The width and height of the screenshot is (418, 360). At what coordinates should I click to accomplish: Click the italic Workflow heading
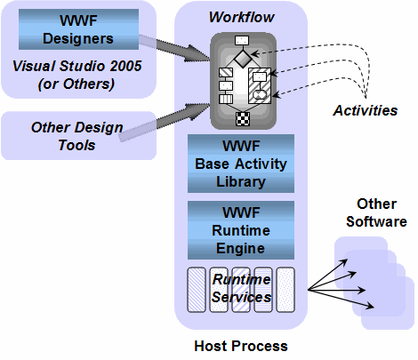(x=241, y=18)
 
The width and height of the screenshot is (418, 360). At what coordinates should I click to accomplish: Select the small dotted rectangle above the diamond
(x=241, y=40)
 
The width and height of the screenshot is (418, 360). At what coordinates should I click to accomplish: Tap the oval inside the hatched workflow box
(x=260, y=92)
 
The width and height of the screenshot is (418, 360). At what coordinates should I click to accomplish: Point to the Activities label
(x=365, y=110)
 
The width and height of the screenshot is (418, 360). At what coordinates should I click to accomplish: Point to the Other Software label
(x=376, y=212)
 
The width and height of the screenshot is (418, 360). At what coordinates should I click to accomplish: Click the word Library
(x=241, y=181)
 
